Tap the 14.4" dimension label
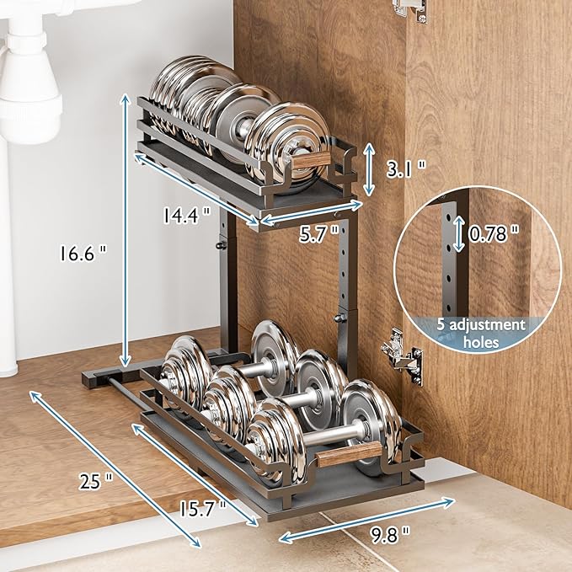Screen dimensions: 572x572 (186, 216)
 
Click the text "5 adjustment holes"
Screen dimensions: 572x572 (482, 334)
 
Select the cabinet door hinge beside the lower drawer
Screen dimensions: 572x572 (401, 354)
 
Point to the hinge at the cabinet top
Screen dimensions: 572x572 (410, 8)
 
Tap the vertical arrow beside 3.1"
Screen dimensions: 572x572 (368, 168)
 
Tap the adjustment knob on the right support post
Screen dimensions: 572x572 (340, 318)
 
